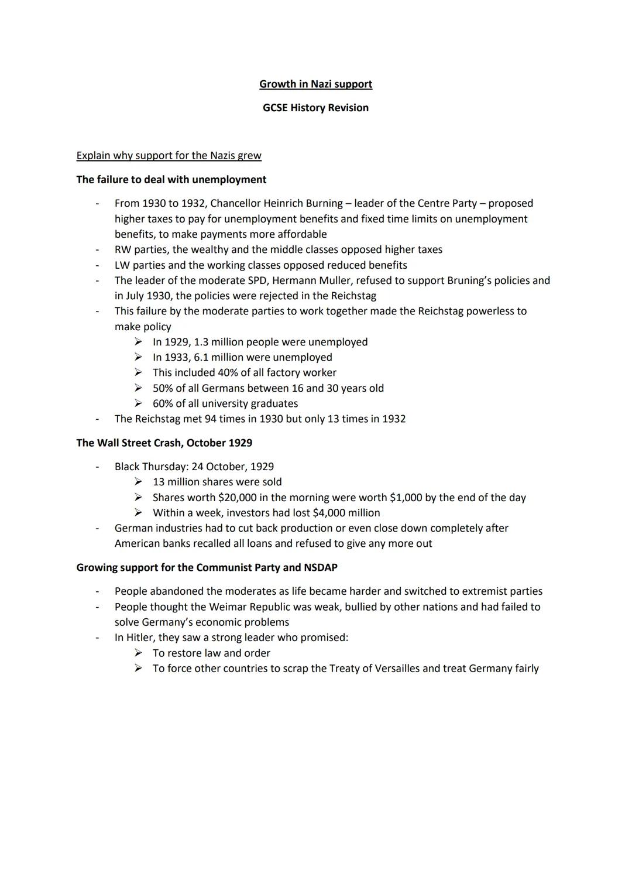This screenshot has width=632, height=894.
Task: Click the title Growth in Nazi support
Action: (x=315, y=84)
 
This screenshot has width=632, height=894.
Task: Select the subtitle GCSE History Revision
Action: (x=315, y=108)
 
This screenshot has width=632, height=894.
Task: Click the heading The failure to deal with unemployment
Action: (x=171, y=180)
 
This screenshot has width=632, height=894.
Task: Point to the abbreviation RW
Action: (x=122, y=250)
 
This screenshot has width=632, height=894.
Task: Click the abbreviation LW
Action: (x=122, y=265)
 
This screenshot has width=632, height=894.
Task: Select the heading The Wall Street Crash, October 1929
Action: (x=164, y=443)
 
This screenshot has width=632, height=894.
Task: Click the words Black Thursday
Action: (x=149, y=467)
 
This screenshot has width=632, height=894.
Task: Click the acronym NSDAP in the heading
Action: (x=321, y=568)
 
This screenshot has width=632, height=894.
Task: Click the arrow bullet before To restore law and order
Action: (x=138, y=653)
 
